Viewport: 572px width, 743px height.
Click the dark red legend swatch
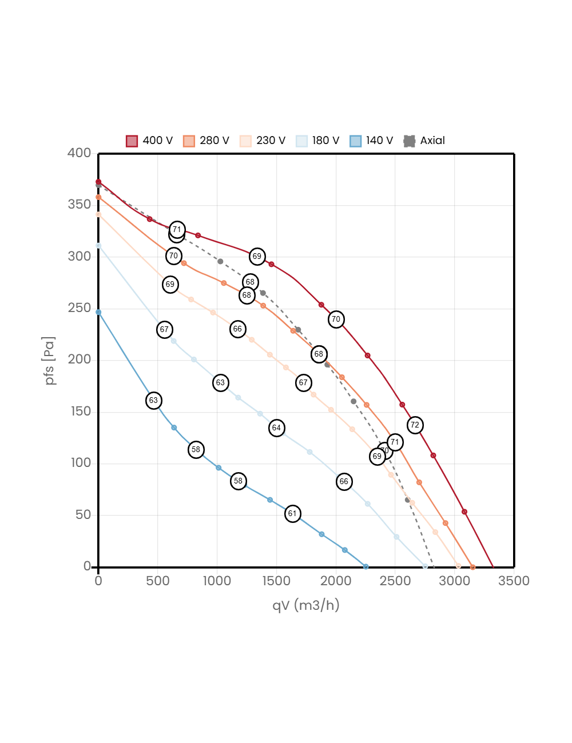point(132,141)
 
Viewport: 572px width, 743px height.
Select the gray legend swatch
point(410,141)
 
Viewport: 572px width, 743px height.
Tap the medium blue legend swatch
point(356,141)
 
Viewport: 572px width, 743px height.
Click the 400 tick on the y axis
point(79,153)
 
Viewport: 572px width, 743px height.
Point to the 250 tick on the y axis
point(79,307)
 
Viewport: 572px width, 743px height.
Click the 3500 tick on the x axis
point(514,581)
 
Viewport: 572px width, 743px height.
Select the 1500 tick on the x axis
point(276,581)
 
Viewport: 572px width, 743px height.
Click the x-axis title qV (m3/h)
point(305,605)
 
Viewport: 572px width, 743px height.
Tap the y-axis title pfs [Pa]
point(50,360)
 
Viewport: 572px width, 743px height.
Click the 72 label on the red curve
point(415,425)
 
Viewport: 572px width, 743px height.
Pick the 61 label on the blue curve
point(292,514)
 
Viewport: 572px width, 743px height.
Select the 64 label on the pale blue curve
point(276,428)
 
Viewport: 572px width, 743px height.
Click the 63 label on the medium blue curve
point(153,401)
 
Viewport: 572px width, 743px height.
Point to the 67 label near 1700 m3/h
point(303,383)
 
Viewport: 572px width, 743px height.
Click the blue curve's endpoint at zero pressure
point(366,567)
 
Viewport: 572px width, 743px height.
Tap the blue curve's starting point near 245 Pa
point(98,313)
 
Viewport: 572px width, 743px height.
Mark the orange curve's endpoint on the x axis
point(472,567)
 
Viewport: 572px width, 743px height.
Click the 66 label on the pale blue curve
point(344,482)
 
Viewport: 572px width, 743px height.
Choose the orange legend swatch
point(189,141)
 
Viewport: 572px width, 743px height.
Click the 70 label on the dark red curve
point(336,319)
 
